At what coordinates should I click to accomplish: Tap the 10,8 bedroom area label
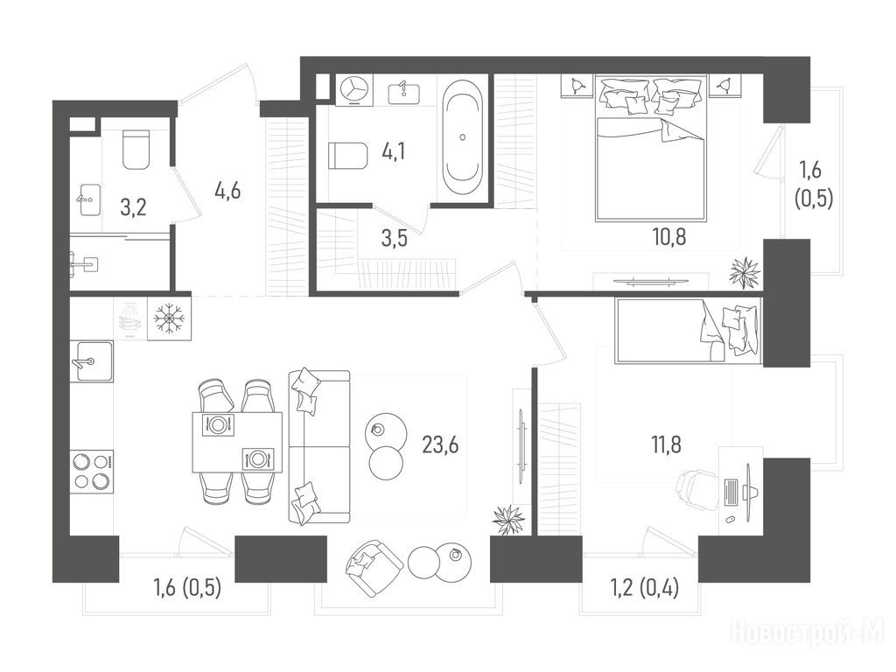coord(668,235)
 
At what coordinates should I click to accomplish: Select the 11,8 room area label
coord(666,444)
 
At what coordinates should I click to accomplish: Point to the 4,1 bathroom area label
coord(394,152)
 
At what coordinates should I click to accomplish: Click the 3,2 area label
coord(133,206)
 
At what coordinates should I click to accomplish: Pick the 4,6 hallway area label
coord(227,190)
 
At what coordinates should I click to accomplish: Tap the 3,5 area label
coord(394,238)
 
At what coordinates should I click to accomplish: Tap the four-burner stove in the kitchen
coord(91,472)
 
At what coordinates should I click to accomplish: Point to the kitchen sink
coord(91,361)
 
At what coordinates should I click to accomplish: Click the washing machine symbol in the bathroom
coord(353,90)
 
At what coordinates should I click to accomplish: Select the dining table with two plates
coord(237,442)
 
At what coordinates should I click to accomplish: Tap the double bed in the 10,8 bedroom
coord(650,147)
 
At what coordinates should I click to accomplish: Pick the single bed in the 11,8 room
coord(688,330)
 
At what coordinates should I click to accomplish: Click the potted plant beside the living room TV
coord(508,520)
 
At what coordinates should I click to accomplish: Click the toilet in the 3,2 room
coord(136,150)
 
